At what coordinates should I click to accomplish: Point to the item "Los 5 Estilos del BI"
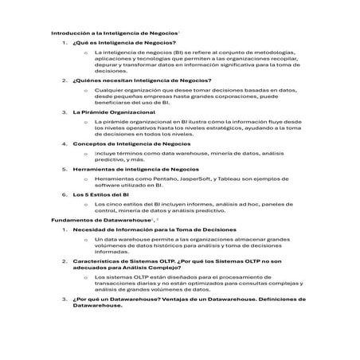pos(101,194)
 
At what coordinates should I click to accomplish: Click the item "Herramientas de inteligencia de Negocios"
pos(135,169)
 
